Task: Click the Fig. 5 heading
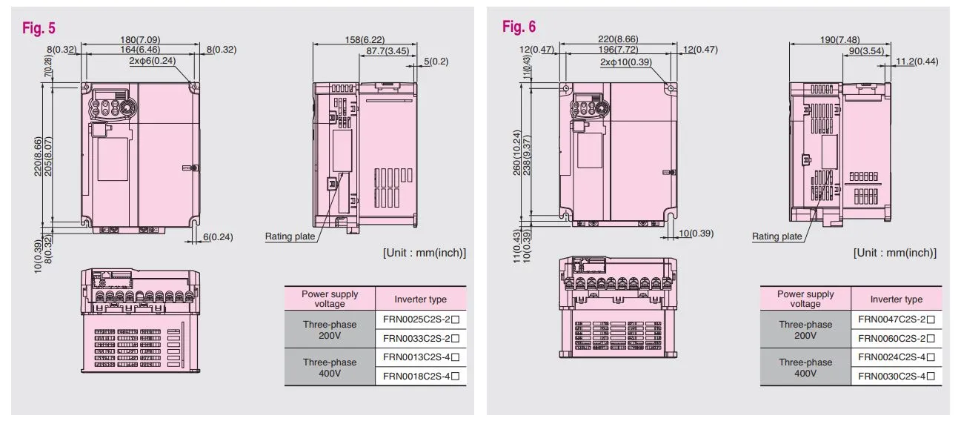click(38, 28)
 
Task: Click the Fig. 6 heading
click(519, 27)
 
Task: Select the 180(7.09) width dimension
click(139, 39)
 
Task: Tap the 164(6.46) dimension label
click(139, 50)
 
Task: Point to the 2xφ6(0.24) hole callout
click(152, 60)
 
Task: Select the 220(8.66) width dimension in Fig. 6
click(616, 39)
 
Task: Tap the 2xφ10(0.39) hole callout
click(626, 62)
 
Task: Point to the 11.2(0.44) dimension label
click(917, 61)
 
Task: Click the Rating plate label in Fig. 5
click(290, 236)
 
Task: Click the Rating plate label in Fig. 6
click(777, 236)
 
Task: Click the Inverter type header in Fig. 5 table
click(420, 299)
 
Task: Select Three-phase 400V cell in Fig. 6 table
click(805, 367)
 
